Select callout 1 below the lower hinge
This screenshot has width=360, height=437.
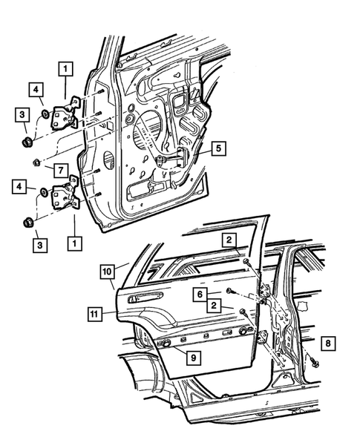[x=73, y=242]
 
